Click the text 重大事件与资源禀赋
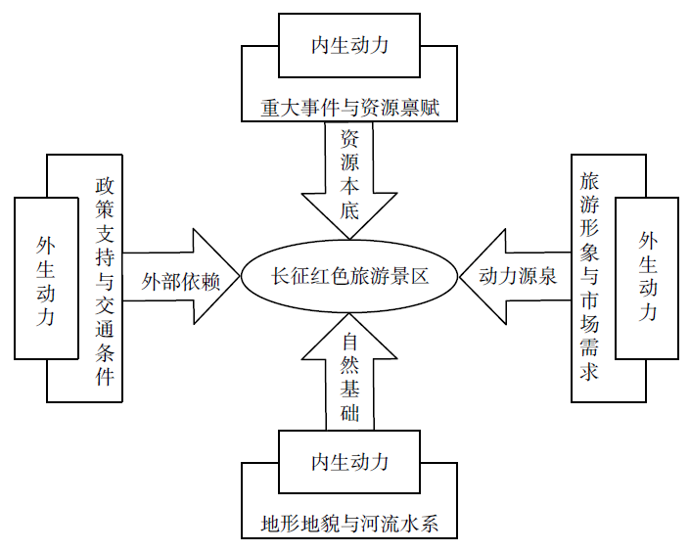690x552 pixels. click(x=349, y=108)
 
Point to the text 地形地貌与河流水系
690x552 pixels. click(x=349, y=524)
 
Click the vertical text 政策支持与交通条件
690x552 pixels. click(x=105, y=282)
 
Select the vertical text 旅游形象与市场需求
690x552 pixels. click(x=589, y=277)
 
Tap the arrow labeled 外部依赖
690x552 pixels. click(x=181, y=276)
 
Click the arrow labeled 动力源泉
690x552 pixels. click(x=516, y=276)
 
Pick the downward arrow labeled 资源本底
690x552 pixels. click(x=349, y=180)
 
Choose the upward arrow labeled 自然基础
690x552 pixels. click(x=349, y=372)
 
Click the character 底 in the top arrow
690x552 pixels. click(x=349, y=210)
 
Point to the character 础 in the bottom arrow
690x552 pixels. click(x=349, y=412)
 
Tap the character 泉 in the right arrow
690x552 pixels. click(x=547, y=276)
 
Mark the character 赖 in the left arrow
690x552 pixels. click(x=210, y=282)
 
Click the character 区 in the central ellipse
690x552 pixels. click(x=419, y=276)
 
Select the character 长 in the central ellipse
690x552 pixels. click(x=280, y=276)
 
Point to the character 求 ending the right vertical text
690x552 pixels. click(x=589, y=372)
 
